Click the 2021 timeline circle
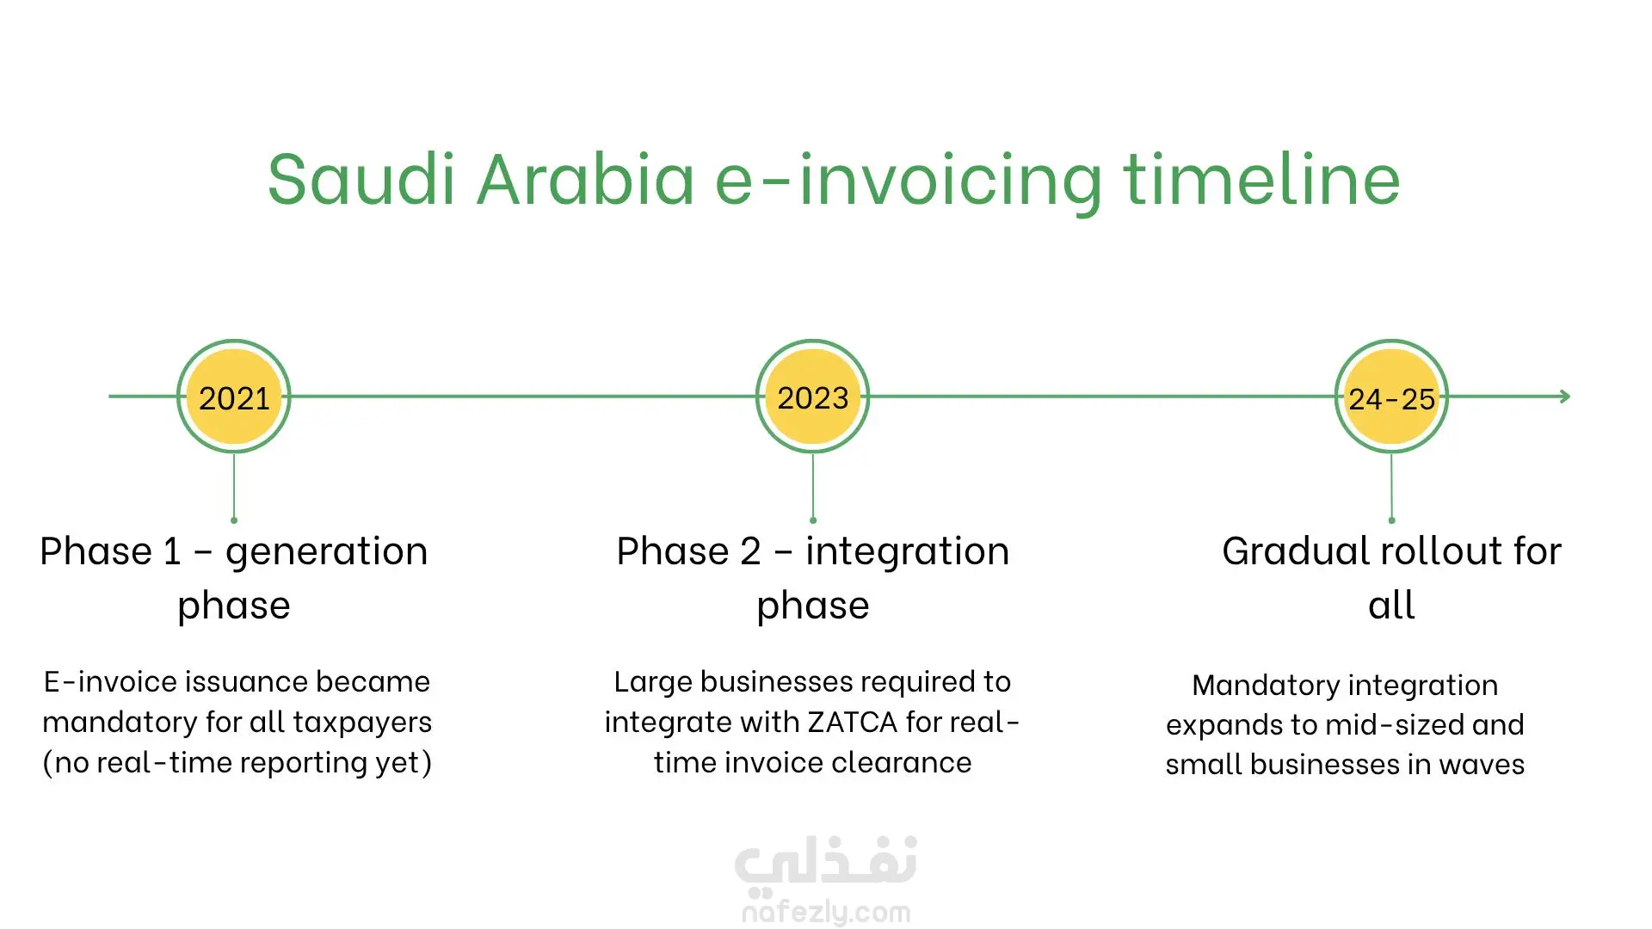coord(234,397)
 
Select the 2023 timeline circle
coord(813,397)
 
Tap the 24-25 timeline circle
coord(1391,397)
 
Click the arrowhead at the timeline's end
coord(1565,397)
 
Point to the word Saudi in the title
coord(361,179)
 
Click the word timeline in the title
coord(1261,179)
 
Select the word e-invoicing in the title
coord(909,182)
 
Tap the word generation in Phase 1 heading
coord(327,551)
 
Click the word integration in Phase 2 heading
coord(907,551)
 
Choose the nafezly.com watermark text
coord(826,912)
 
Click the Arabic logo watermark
coord(826,863)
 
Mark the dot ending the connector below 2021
coord(234,520)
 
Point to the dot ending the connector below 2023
coord(813,520)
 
